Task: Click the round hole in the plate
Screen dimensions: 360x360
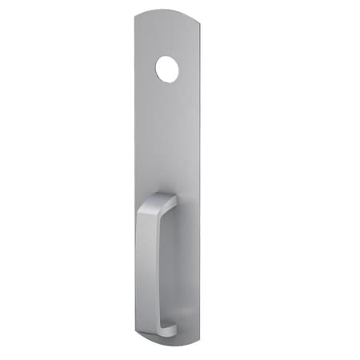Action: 168,70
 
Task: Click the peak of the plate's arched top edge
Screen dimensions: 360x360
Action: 164,10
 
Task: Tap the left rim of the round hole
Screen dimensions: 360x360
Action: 157,70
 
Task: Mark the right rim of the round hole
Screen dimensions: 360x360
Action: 179,70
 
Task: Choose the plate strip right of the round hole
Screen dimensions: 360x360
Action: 190,70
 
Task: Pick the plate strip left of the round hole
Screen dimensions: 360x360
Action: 146,70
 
